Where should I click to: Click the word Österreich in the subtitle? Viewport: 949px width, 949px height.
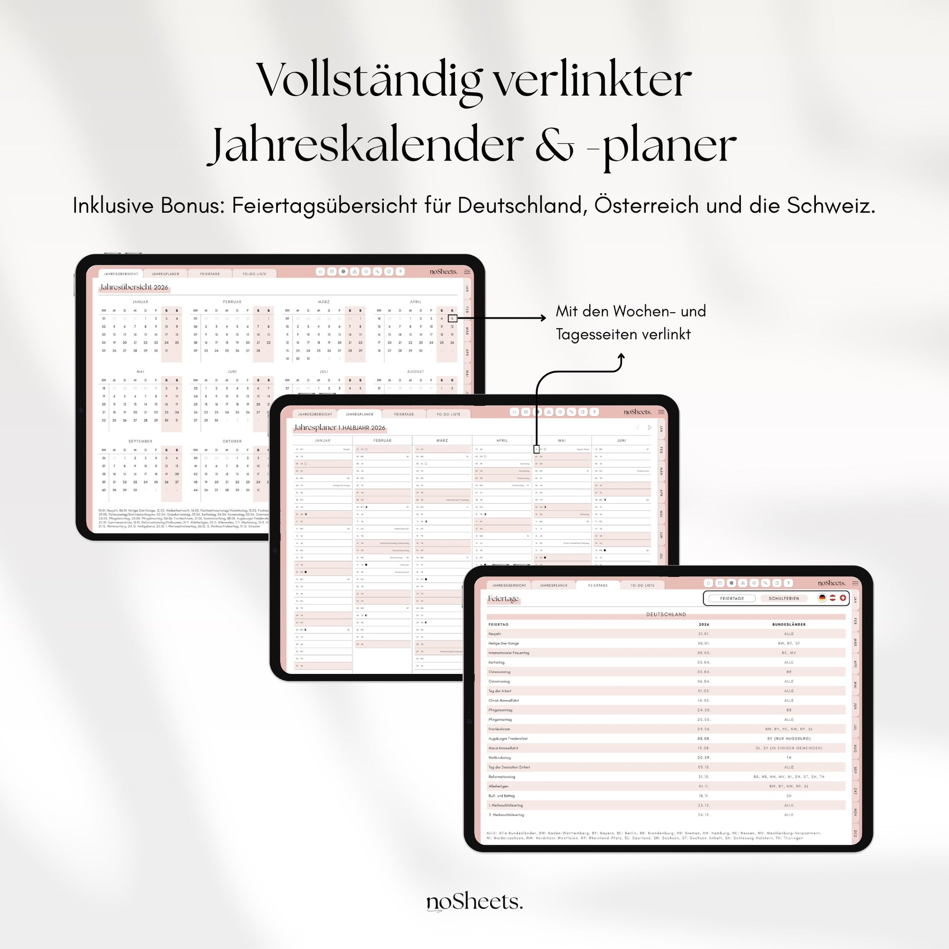coord(647,205)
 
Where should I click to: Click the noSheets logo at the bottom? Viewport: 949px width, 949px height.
coord(474,902)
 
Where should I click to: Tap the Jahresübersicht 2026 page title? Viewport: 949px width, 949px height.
coord(134,287)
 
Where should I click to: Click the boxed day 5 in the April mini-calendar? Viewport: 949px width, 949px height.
coord(453,318)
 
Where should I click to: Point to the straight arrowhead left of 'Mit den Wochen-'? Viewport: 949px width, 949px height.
coord(543,318)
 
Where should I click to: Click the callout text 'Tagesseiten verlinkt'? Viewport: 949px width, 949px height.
coord(623,335)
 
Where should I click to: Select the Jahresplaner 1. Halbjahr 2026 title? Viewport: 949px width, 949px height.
coord(339,428)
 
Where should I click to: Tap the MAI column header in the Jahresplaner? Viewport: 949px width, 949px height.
coord(562,441)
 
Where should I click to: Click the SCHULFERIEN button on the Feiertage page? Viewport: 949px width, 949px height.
coord(784,598)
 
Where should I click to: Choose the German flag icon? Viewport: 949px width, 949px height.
coord(822,598)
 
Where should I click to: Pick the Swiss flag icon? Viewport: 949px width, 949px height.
coord(843,598)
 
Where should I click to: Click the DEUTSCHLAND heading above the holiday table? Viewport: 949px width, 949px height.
coord(666,614)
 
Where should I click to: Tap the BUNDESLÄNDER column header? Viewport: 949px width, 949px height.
coord(789,624)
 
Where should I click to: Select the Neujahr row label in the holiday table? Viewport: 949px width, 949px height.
coord(494,633)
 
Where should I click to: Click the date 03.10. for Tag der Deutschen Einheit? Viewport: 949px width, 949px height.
coord(703,767)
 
